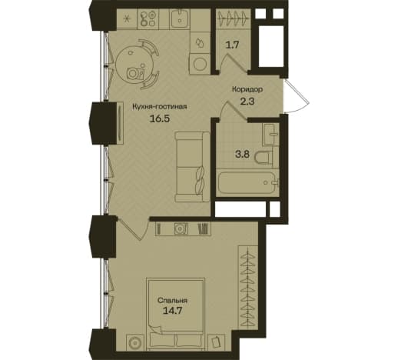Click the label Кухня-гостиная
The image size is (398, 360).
tap(159, 107)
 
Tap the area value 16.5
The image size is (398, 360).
tap(160, 119)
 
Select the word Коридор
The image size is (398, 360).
tap(247, 89)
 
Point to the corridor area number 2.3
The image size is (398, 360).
tap(247, 102)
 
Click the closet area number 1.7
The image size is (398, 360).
tap(232, 45)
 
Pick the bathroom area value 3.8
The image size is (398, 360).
tap(242, 155)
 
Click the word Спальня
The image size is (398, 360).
tap(172, 300)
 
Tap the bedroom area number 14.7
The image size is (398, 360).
tap(172, 311)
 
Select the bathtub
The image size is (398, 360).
tap(247, 182)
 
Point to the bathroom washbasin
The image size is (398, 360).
tap(270, 135)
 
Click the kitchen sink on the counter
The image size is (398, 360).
tap(180, 18)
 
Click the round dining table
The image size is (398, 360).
tap(134, 65)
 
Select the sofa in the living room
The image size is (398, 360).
tap(192, 167)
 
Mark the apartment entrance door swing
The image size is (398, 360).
tap(297, 96)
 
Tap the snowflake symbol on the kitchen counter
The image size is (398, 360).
tap(127, 18)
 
